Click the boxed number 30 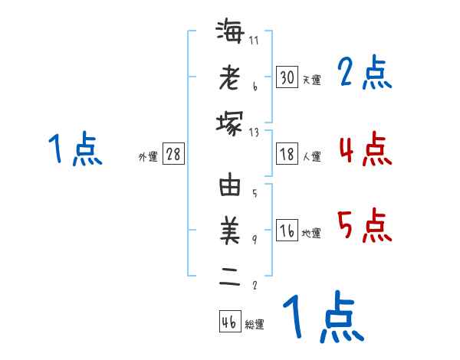tap(287, 77)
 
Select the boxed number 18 tap(287, 154)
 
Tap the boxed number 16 tap(287, 231)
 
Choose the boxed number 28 tap(173, 154)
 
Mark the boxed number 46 tap(229, 322)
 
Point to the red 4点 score tap(365, 149)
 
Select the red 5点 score tap(365, 225)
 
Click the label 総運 tap(255, 325)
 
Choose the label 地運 tap(311, 234)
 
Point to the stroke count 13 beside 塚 tap(255, 131)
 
